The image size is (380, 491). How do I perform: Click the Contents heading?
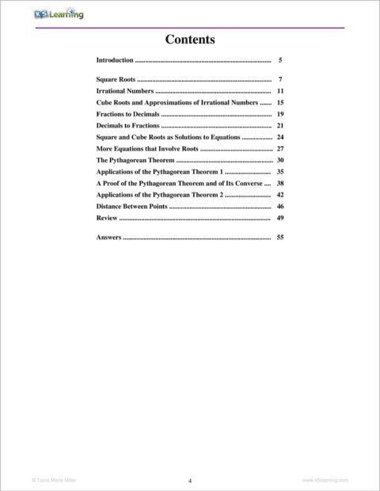click(190, 39)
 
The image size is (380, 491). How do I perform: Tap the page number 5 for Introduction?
click(280, 60)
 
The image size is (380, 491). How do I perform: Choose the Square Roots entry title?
click(116, 80)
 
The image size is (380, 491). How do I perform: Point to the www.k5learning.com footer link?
click(325, 480)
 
